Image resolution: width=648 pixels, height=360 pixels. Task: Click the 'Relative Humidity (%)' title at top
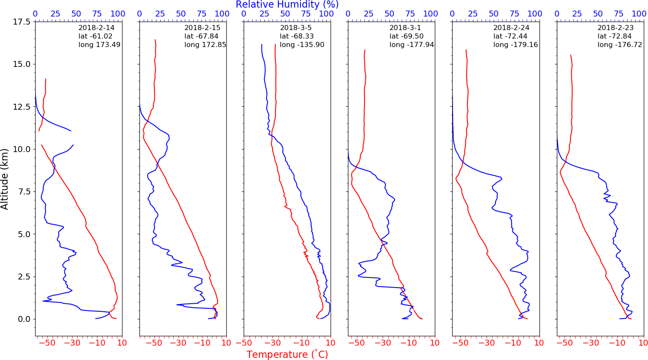pos(287,5)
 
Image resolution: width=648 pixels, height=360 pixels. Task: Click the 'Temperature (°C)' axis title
pos(287,354)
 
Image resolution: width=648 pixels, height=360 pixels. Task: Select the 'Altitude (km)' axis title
pos(5,179)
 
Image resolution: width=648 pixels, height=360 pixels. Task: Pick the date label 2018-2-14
pos(96,28)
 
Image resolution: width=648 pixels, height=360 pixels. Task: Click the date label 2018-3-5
pos(296,28)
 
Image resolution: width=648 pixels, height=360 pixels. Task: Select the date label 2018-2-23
pos(615,28)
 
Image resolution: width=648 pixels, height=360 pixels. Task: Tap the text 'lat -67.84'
pos(201,36)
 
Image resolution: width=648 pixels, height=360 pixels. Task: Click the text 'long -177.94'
pos(412,45)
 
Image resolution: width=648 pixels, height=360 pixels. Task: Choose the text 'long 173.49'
pos(99,45)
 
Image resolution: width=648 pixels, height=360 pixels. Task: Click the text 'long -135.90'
pos(302,45)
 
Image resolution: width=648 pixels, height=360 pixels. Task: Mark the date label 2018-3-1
pos(405,28)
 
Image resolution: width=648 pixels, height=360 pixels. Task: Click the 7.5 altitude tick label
pos(24,191)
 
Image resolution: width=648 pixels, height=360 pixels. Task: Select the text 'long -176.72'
pos(620,45)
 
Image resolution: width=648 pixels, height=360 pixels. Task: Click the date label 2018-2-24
pos(511,28)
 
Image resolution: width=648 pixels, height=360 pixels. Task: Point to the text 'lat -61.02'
pos(95,36)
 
